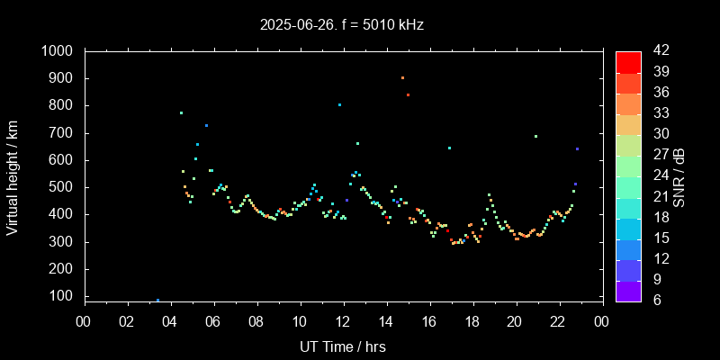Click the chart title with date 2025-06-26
click(341, 25)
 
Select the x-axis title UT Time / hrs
click(343, 346)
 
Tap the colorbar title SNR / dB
click(680, 176)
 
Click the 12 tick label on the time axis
click(343, 321)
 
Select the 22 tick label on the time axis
click(558, 321)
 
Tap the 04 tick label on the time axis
click(170, 321)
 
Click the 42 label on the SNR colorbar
click(656, 51)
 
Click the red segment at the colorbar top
click(628, 61)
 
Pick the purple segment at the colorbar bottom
click(628, 290)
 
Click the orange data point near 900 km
click(402, 77)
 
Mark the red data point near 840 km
click(408, 94)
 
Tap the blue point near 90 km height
click(157, 300)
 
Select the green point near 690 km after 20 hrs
click(535, 136)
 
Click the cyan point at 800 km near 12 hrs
click(339, 104)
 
